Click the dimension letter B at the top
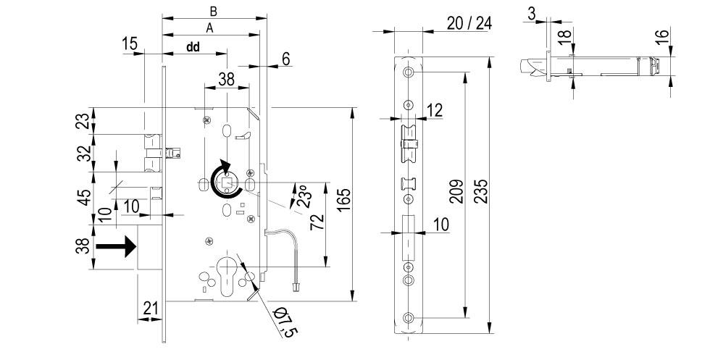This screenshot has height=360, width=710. pyautogui.click(x=213, y=11)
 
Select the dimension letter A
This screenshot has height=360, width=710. pyautogui.click(x=209, y=27)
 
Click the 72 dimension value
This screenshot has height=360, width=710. pyautogui.click(x=316, y=222)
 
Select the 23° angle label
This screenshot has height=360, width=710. pyautogui.click(x=298, y=196)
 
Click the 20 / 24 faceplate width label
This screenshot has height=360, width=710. pyautogui.click(x=469, y=23)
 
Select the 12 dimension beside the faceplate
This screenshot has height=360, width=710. pyautogui.click(x=434, y=110)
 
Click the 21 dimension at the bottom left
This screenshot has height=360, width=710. pyautogui.click(x=151, y=309)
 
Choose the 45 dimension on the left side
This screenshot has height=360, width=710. pyautogui.click(x=84, y=197)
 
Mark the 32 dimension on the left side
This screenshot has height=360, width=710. pyautogui.click(x=84, y=154)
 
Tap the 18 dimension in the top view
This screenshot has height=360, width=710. pyautogui.click(x=566, y=34)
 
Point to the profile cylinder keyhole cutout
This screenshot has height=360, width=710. pyautogui.click(x=229, y=273)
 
